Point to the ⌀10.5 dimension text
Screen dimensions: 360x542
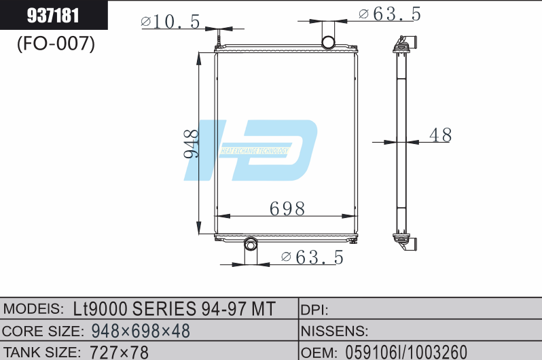[170, 22]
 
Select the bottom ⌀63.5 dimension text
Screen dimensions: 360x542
[312, 257]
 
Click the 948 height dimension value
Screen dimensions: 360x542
[192, 143]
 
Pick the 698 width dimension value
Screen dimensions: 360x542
[287, 208]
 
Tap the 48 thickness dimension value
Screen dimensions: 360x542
[439, 135]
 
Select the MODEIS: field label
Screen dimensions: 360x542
[35, 309]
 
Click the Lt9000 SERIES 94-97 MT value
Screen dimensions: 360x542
[174, 309]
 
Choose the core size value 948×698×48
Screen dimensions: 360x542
[140, 331]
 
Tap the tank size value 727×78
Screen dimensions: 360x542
[119, 352]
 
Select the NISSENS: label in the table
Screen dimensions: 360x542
[334, 331]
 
